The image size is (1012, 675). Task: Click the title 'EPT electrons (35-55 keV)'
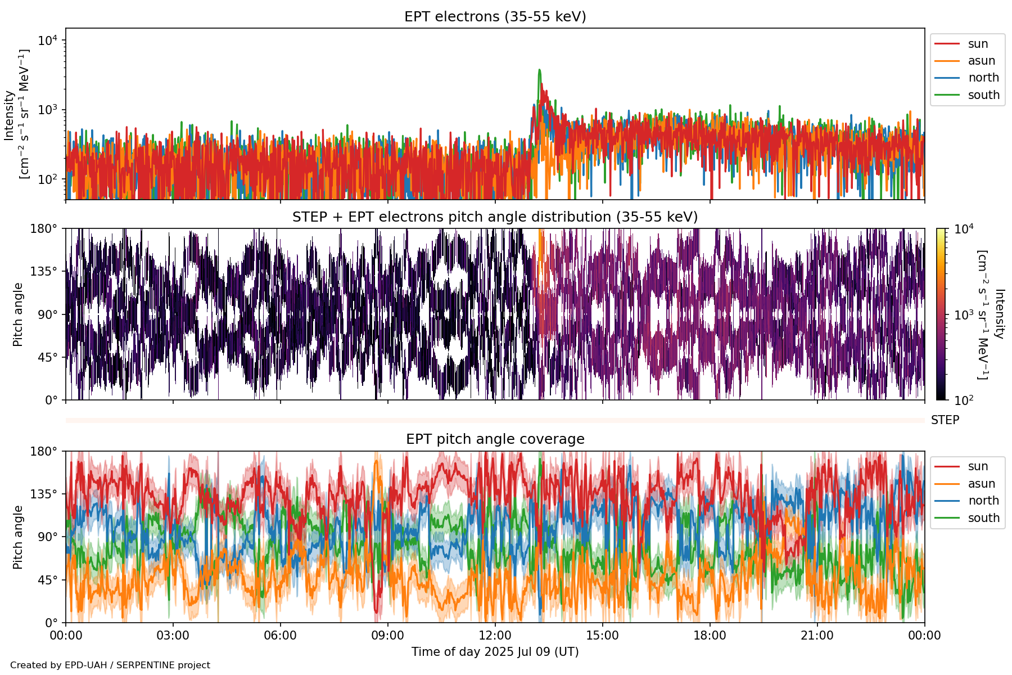point(495,17)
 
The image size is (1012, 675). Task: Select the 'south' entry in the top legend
point(983,95)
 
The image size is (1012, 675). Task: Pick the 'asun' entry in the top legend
point(981,61)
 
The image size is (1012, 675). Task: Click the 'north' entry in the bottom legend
point(983,501)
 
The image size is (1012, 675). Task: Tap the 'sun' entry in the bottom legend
point(978,466)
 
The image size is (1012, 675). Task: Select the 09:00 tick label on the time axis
point(388,636)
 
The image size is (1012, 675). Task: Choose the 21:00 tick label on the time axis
point(817,636)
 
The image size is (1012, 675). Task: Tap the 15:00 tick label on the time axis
point(603,636)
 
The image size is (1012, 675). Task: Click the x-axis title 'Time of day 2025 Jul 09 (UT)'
point(495,652)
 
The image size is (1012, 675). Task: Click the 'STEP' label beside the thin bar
point(945,420)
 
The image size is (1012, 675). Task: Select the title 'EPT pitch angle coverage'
point(495,439)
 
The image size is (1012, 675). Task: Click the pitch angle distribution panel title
point(495,217)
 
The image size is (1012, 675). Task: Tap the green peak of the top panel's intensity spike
point(540,70)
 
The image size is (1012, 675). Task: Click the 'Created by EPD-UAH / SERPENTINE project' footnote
point(110,665)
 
